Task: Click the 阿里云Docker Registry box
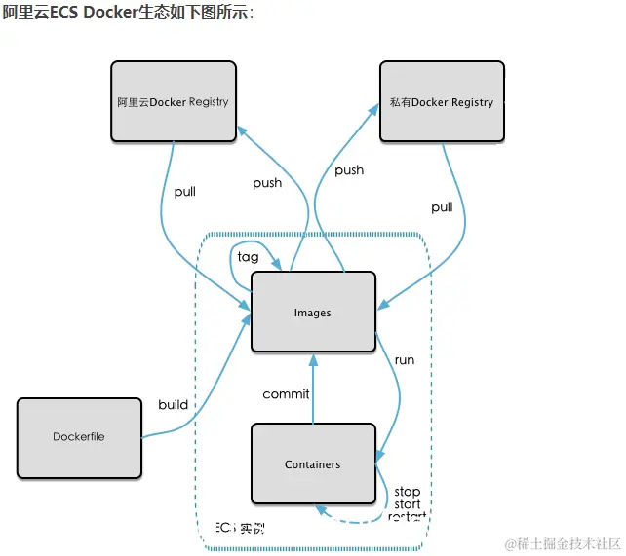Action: click(173, 101)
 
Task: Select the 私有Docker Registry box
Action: click(442, 101)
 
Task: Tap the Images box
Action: click(313, 312)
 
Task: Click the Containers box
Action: click(313, 463)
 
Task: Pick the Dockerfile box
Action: click(79, 437)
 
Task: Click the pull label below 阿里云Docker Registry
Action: click(184, 192)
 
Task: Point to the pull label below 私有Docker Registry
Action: click(442, 207)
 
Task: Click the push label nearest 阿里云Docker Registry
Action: click(267, 183)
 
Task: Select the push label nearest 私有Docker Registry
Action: click(349, 170)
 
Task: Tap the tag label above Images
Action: click(248, 257)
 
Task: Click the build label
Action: click(173, 405)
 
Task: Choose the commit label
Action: click(286, 394)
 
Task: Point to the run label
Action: click(404, 360)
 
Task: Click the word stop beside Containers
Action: click(407, 492)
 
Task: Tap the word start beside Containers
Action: click(408, 504)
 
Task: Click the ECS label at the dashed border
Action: click(226, 528)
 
